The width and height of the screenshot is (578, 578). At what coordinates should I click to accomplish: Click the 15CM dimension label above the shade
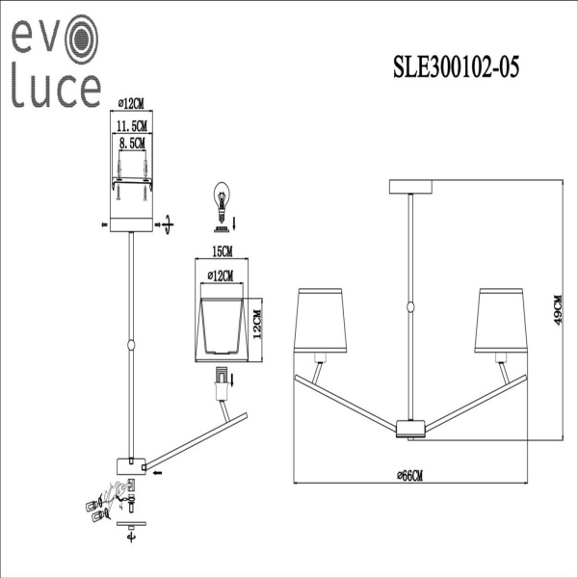tap(222, 251)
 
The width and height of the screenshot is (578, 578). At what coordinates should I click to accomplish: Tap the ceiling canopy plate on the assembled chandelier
tap(411, 186)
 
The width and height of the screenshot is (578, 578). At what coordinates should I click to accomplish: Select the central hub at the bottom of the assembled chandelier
tap(411, 427)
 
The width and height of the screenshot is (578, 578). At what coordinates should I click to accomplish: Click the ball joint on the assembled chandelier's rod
tap(411, 307)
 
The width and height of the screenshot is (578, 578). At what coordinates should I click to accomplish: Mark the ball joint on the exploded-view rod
tap(130, 344)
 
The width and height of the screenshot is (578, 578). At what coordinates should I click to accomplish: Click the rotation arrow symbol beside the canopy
tap(168, 224)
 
